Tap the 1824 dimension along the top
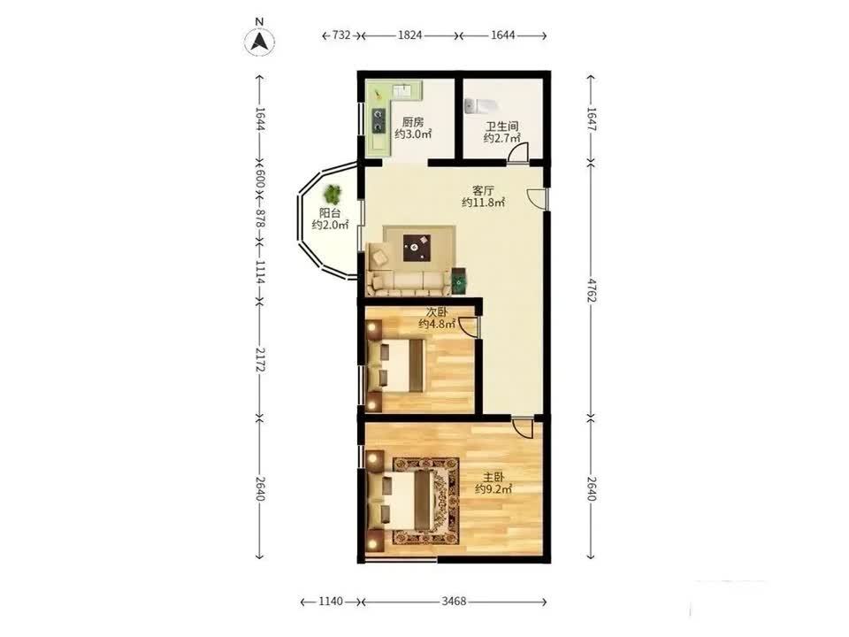(409, 35)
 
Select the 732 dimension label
(341, 35)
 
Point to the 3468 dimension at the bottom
(454, 602)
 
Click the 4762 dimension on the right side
(592, 291)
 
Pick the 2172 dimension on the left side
(260, 359)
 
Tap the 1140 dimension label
(330, 602)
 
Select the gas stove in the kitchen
(378, 121)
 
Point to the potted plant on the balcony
(332, 194)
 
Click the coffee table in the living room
(417, 247)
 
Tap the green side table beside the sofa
(459, 281)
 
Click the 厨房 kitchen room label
(413, 122)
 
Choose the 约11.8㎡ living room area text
(483, 203)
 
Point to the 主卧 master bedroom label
(493, 478)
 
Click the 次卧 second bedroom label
(437, 312)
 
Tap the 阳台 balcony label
(330, 213)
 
